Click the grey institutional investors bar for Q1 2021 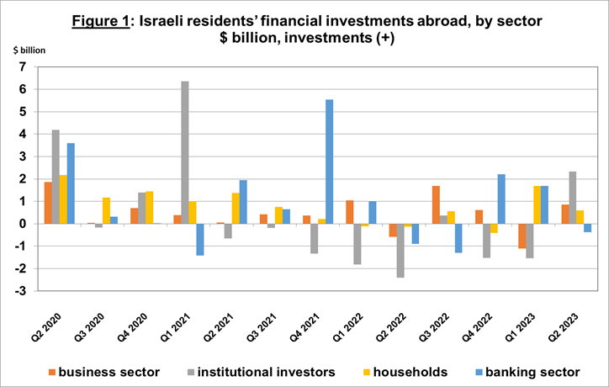click(184, 152)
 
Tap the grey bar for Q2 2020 click(56, 177)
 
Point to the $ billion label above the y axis click(30, 50)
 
